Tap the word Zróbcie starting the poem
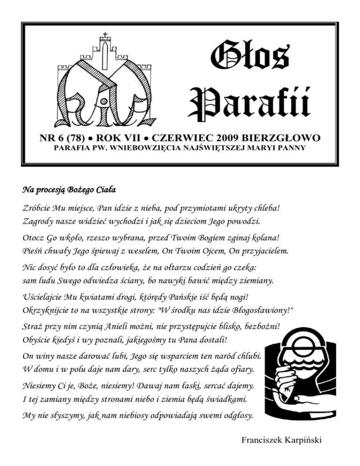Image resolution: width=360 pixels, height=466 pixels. (37, 208)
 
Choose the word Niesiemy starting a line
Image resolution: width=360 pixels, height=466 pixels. (40, 387)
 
